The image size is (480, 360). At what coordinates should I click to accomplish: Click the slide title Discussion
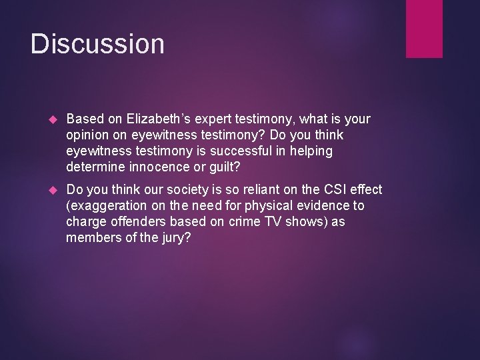97,44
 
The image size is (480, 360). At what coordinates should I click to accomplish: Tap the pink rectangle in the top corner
424,28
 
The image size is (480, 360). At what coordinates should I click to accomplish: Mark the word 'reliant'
253,189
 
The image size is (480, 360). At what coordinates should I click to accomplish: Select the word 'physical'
281,205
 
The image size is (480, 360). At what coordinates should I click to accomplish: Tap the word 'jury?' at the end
175,237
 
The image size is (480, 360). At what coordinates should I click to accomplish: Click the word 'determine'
94,167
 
